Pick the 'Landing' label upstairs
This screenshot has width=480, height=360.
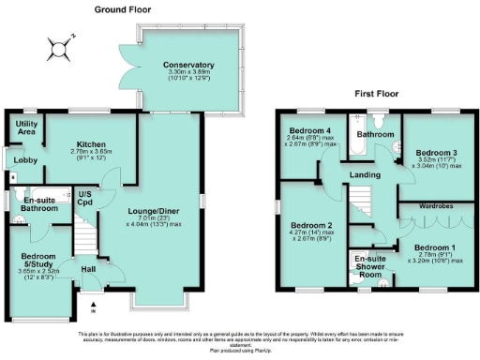364,174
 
